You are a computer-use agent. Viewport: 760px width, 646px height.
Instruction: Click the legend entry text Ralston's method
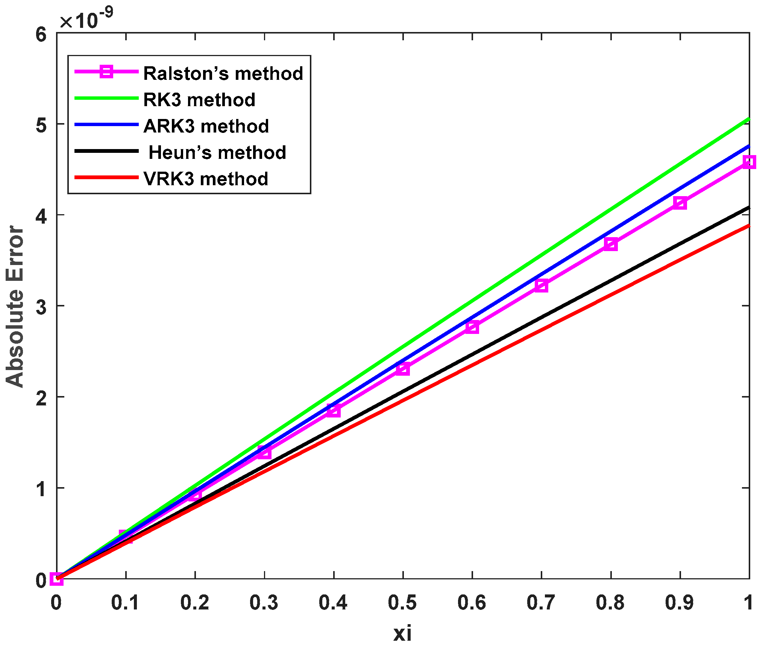click(x=223, y=73)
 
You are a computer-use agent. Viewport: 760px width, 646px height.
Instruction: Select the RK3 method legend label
click(x=199, y=100)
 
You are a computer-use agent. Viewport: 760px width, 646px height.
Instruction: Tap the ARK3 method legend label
click(x=206, y=126)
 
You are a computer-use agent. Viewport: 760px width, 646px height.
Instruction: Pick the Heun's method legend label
click(x=217, y=152)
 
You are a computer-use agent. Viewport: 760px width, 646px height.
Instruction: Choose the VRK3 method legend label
click(x=206, y=179)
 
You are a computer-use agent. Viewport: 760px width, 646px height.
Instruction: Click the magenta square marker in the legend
click(x=106, y=71)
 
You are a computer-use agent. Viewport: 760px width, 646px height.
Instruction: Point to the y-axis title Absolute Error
click(x=15, y=306)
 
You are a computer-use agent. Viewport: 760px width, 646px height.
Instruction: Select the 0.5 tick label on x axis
click(x=402, y=603)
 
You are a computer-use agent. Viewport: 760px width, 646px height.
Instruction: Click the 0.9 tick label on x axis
click(x=680, y=603)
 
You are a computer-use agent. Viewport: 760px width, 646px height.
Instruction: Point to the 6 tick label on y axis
click(x=41, y=34)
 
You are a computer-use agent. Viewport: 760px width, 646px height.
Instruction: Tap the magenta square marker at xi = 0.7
click(x=541, y=285)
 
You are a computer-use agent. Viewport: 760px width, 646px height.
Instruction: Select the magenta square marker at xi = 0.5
click(x=403, y=369)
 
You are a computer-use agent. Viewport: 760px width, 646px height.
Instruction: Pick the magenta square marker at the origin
click(x=57, y=578)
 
